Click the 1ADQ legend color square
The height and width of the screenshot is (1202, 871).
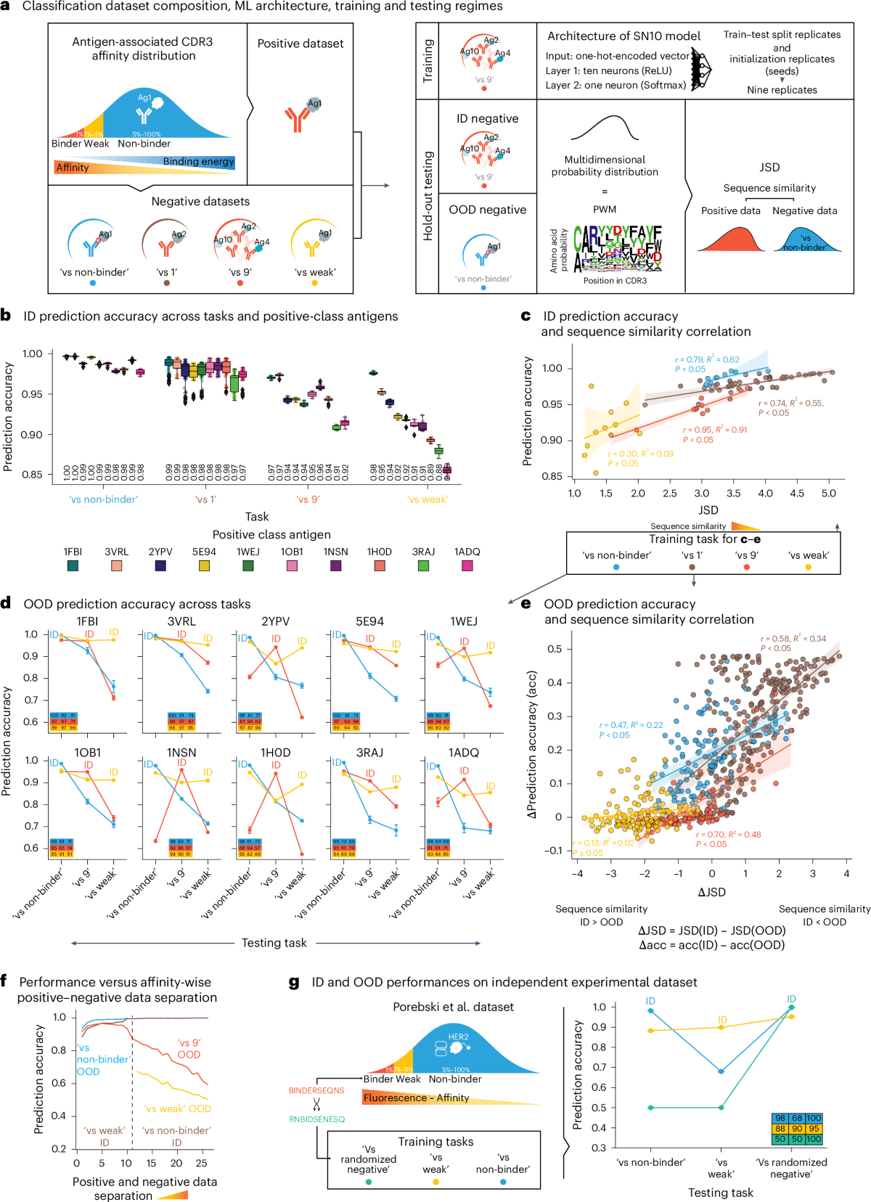pos(467,565)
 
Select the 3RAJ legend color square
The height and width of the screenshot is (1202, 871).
pos(423,565)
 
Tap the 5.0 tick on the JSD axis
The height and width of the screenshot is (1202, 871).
pos(829,494)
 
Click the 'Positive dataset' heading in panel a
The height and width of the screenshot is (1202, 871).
pos(300,44)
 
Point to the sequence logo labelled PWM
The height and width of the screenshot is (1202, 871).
pos(618,249)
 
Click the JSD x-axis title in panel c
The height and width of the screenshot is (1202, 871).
pos(708,510)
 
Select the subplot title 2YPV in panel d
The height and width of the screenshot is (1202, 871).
pos(275,621)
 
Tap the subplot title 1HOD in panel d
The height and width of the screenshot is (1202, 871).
pos(275,753)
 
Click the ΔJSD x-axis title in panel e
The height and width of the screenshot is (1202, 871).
pos(711,892)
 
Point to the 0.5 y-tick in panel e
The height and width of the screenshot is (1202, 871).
pos(555,649)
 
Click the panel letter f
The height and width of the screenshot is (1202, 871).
pos(4,981)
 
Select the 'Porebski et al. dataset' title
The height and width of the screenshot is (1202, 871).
pos(453,1007)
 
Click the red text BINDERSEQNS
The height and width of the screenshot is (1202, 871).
pos(316,1090)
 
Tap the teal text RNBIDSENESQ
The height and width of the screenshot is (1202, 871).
pos(316,1119)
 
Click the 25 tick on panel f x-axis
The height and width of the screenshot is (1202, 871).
pos(201,1163)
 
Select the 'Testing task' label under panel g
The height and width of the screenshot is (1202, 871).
pos(721,1193)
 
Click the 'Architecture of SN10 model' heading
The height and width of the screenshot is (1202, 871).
pos(623,36)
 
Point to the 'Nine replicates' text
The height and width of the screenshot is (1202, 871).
pos(782,90)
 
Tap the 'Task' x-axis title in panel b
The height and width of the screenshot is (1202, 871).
pos(257,517)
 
